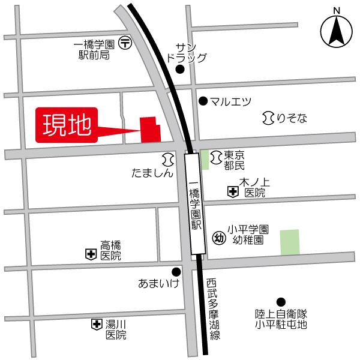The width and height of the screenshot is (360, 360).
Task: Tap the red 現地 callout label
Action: tap(66, 125)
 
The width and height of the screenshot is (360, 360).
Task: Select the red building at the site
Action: tap(149, 130)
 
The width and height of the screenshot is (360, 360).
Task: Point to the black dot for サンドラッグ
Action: tap(179, 70)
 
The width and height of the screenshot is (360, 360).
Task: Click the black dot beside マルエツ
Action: tap(203, 101)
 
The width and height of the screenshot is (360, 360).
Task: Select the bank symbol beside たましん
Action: tap(167, 159)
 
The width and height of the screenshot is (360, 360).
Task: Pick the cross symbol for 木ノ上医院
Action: tap(232, 192)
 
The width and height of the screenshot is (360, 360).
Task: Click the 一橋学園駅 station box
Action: tap(193, 204)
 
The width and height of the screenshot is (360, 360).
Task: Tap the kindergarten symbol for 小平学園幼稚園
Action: tap(218, 235)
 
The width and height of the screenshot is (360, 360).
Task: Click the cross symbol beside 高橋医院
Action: tap(91, 255)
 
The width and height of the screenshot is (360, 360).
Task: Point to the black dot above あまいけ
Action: tap(176, 271)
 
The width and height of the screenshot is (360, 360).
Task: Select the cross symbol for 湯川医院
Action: tap(96, 325)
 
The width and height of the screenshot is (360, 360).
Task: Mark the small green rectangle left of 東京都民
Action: tap(205, 159)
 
